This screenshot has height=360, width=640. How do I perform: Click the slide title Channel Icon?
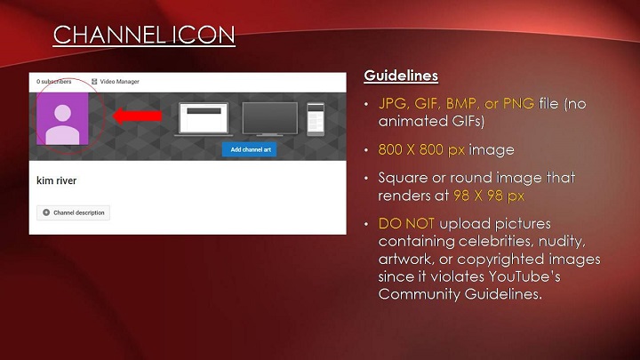pos(144,35)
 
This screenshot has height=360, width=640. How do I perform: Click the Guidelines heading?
pos(401,76)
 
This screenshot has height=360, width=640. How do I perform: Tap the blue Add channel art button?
pos(250,150)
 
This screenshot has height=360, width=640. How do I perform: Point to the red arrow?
pos(137,116)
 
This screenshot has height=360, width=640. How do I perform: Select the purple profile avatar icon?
pos(62,119)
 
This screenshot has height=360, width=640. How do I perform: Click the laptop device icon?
pos(204,119)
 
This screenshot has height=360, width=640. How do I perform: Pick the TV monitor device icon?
pos(270,119)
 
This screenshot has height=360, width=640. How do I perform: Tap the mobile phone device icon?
pos(316,119)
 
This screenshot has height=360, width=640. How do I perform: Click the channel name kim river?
pos(56,180)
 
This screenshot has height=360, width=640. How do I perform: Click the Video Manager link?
pos(116,82)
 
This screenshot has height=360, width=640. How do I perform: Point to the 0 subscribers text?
pos(54,82)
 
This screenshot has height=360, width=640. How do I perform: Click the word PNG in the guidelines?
pos(518,104)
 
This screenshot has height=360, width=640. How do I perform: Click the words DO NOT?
pos(406,224)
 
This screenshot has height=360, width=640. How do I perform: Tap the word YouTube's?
pos(524,276)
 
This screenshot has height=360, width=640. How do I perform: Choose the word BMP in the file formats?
pos(461,104)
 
